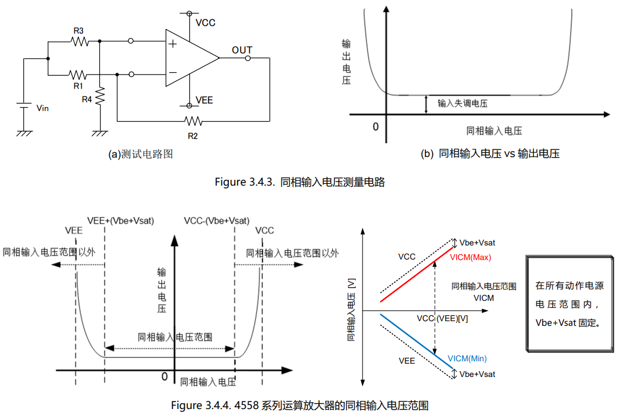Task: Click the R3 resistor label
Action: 78,31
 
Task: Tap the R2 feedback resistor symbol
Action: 194,120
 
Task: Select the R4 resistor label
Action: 87,99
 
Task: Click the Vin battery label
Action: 42,108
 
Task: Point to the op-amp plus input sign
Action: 173,44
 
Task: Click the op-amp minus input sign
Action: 173,72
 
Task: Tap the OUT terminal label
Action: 242,50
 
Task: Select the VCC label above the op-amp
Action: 205,23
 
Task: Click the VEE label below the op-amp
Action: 204,100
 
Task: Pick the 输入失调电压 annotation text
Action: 463,104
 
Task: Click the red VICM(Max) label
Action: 470,257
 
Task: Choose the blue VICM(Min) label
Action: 467,358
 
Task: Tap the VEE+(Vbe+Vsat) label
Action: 120,221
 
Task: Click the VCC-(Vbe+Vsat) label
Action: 217,221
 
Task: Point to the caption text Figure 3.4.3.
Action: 245,182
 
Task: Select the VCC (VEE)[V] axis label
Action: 442,319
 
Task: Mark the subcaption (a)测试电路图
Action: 141,154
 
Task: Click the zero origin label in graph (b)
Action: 375,127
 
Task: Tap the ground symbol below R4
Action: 100,133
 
